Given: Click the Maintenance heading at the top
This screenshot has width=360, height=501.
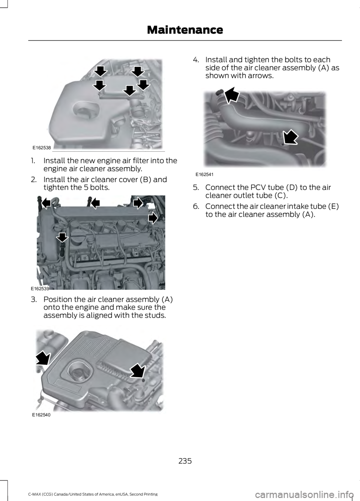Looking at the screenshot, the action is [x=185, y=30].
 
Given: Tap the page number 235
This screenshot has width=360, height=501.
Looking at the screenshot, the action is [x=185, y=461].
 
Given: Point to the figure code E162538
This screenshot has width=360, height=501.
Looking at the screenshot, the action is [x=42, y=148].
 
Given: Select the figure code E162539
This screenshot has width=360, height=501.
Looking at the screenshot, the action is [x=40, y=289].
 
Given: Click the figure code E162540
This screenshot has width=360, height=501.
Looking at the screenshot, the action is [x=41, y=415].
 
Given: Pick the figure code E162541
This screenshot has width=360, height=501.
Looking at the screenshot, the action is [x=204, y=175].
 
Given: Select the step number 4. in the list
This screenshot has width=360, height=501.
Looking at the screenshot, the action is [x=196, y=60].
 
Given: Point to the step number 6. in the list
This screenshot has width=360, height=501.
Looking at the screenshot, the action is [x=196, y=206].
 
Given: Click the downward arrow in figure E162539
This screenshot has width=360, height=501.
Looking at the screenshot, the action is [x=62, y=237].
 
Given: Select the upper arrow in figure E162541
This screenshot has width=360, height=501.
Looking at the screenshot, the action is [x=232, y=95].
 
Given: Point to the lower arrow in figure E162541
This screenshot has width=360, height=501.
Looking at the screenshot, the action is [x=290, y=136].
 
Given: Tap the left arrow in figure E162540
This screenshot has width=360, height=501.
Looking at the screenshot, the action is [x=43, y=359].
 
